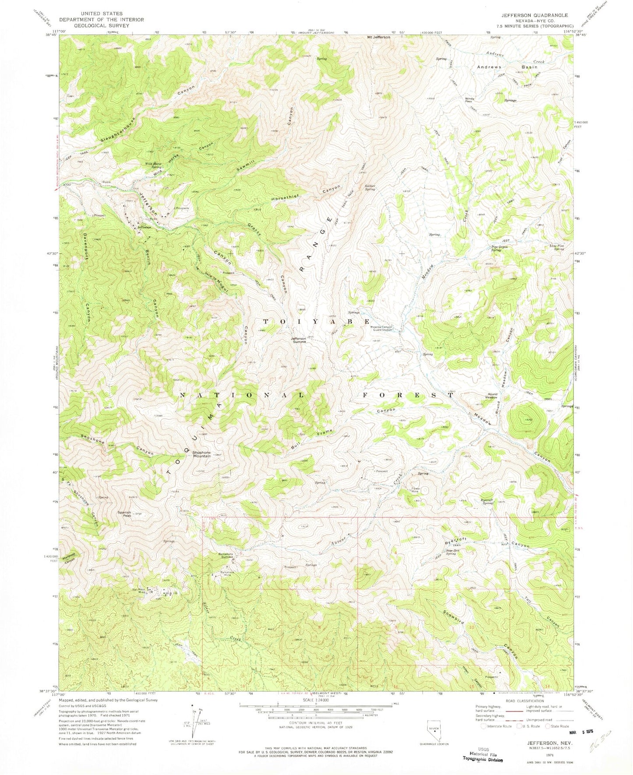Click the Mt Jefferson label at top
378,37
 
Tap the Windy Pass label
470,100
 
